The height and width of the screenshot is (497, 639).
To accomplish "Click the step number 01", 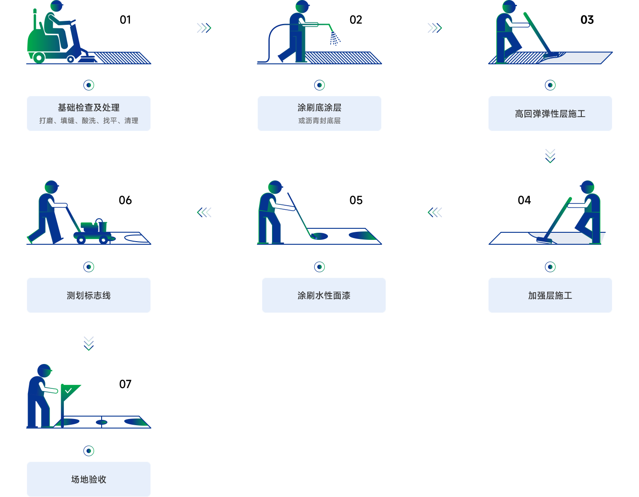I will pos(125,20).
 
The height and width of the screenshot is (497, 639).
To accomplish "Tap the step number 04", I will pos(524,200).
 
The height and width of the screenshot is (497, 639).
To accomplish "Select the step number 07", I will pos(125,384).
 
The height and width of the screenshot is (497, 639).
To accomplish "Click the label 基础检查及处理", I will pos(89,108).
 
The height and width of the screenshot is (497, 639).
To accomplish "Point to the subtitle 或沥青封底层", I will pos(319,121).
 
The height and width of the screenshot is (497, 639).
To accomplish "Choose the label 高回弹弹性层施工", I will pos(550,114).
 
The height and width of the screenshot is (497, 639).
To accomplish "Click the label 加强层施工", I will pos(550,296).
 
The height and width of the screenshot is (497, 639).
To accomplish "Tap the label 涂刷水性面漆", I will pos(324,296).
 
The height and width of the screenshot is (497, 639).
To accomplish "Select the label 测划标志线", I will pos(89,296).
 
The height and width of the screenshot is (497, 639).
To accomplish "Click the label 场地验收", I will pos(89,480).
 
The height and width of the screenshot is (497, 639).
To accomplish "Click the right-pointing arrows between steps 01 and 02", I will pos(204,28).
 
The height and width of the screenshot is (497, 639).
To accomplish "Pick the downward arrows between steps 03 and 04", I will pos(550,156).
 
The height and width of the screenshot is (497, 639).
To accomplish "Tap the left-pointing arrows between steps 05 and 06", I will pos(204,213).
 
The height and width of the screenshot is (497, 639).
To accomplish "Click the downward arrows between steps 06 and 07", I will pos(89,343).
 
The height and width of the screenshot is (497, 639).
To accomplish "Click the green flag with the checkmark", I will pos(70,391).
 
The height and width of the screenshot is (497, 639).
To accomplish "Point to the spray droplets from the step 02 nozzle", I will pos(335,39).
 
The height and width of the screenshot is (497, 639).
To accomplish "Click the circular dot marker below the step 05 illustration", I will pos(319,267).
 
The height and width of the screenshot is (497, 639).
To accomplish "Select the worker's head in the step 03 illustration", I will pos(509,7).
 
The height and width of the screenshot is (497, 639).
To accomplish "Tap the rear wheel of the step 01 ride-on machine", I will pos(39,58).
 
